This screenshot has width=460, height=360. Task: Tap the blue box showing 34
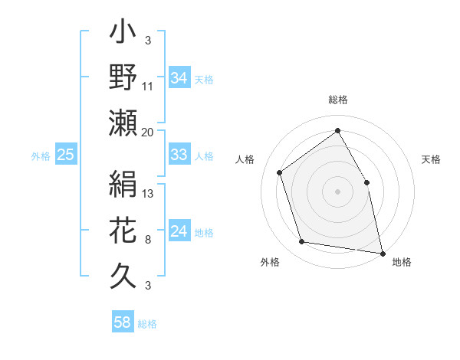179,77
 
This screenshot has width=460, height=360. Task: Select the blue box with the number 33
179,155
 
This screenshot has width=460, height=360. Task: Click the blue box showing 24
179,232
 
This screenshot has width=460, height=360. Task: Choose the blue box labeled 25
66,155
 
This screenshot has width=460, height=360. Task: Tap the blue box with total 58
123,322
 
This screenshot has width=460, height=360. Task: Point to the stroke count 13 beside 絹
148,193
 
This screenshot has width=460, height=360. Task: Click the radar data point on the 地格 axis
382,253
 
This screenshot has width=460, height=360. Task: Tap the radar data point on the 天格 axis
366,182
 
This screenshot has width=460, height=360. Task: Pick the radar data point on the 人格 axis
280,172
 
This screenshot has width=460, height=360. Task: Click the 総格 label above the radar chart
338,100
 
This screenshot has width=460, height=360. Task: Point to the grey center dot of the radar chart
337,191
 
